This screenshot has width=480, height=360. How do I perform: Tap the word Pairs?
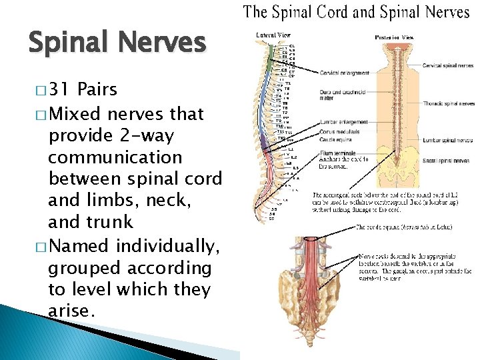pyautogui.click(x=97, y=89)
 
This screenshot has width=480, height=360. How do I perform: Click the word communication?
pyautogui.click(x=115, y=158)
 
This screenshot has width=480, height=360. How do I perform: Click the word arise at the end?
pyautogui.click(x=70, y=311)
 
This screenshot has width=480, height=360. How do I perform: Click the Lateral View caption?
pyautogui.click(x=271, y=35)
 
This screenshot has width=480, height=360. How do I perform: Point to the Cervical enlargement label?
pyautogui.click(x=343, y=72)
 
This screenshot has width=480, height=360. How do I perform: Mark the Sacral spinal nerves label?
pyautogui.click(x=445, y=161)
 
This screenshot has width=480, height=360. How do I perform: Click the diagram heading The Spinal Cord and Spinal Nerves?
pyautogui.click(x=356, y=11)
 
